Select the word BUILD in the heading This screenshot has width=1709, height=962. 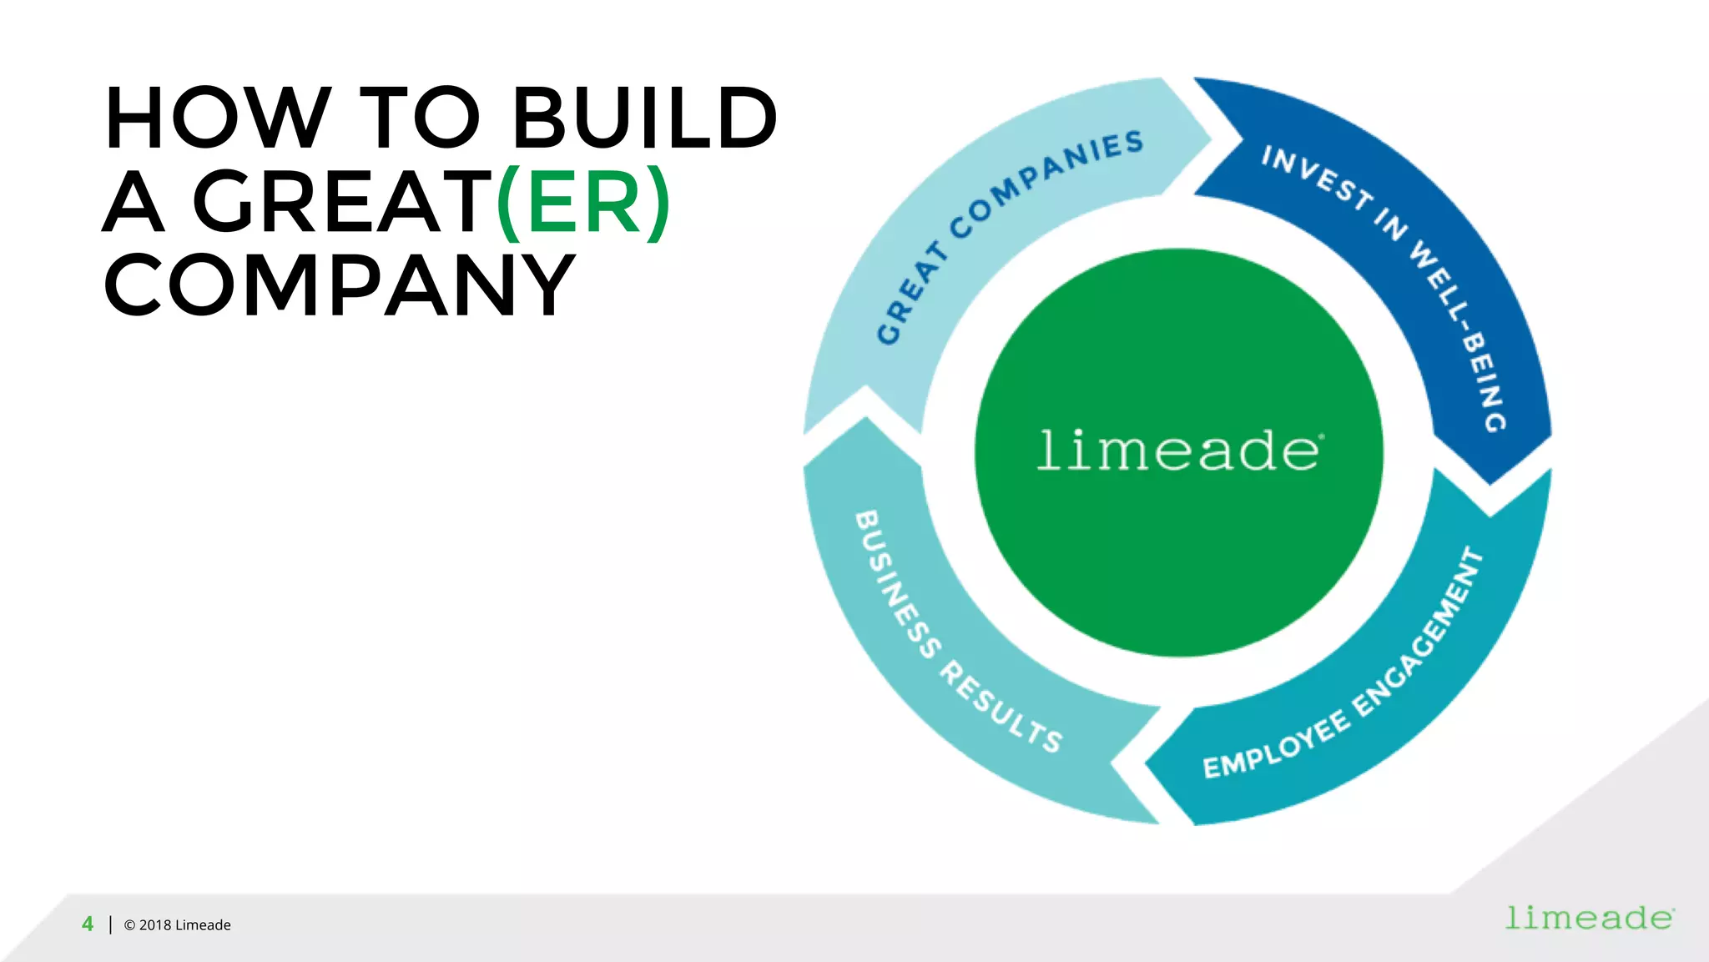click(x=644, y=118)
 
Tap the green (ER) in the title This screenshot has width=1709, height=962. click(x=583, y=202)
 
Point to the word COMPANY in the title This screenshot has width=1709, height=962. click(x=340, y=285)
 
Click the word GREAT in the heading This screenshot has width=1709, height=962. click(x=342, y=202)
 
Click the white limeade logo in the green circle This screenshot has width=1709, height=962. click(x=1179, y=451)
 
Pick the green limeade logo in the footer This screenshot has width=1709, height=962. click(x=1590, y=918)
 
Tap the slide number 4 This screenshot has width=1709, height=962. click(x=88, y=924)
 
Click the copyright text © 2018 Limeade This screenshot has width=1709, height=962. click(x=177, y=924)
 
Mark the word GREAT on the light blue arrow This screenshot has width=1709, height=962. click(x=912, y=293)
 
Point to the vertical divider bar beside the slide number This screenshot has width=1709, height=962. click(x=110, y=924)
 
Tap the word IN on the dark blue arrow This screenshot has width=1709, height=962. click(x=1391, y=224)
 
